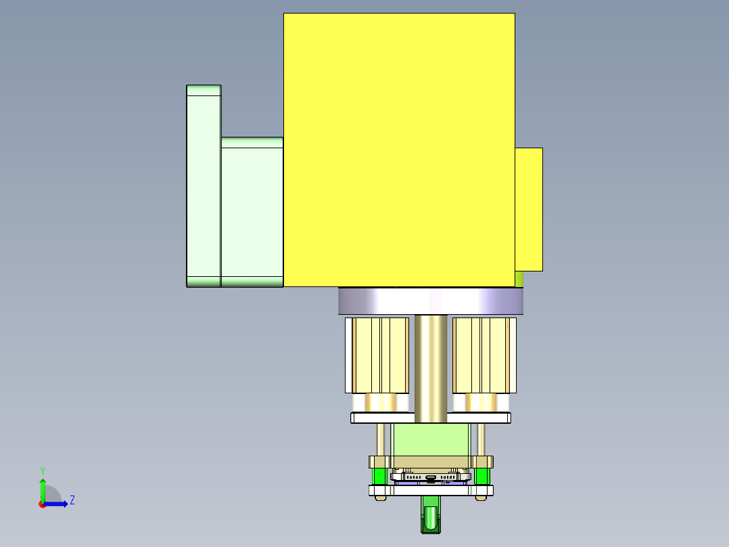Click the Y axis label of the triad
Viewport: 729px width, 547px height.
click(x=42, y=470)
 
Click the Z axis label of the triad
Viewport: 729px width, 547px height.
click(x=72, y=500)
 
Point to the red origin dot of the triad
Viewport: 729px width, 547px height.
click(x=42, y=504)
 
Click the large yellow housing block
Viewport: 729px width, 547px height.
click(x=399, y=149)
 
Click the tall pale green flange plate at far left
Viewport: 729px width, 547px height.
click(x=203, y=185)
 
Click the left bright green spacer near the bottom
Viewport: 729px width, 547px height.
click(x=381, y=477)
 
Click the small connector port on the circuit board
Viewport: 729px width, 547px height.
click(x=431, y=478)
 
